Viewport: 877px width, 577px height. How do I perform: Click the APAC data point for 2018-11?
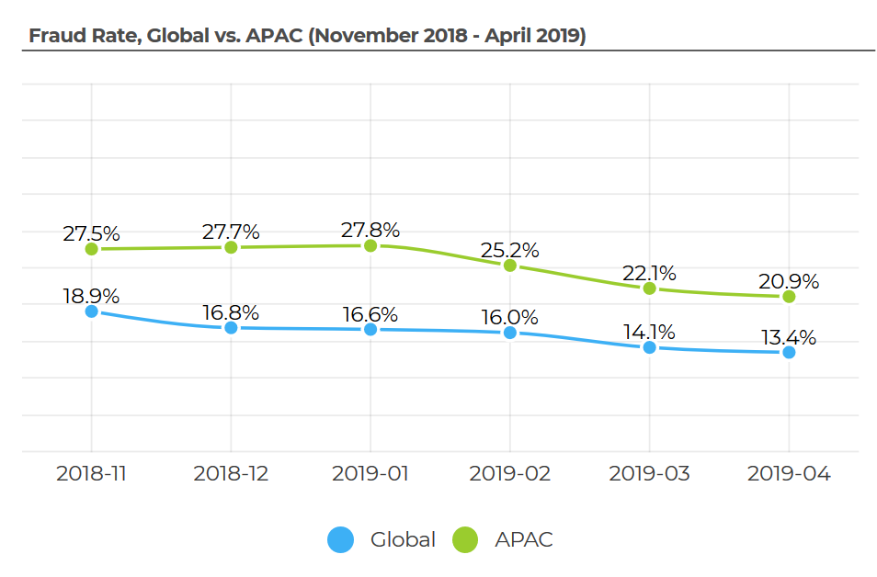coord(91,249)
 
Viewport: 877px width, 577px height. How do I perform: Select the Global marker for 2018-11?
coord(91,311)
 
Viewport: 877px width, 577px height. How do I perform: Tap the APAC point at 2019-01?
coord(370,246)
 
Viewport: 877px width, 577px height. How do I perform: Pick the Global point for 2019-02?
coord(510,333)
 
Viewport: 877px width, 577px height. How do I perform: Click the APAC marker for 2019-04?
coord(789,297)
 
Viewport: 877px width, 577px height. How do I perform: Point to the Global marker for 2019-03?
coord(650,347)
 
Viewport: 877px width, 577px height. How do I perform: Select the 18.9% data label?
coord(91,296)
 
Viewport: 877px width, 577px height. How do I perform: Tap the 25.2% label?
coord(510,250)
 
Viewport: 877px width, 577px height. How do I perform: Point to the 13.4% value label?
coord(789,337)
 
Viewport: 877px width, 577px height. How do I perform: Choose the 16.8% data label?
coord(231,312)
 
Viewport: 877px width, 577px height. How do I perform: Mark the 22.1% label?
coord(650,273)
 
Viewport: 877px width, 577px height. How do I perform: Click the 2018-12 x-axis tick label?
coord(231,474)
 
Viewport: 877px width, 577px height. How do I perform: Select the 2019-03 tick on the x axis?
coord(650,474)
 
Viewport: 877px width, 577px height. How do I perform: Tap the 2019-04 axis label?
coord(789,474)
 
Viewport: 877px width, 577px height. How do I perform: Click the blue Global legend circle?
coord(340,540)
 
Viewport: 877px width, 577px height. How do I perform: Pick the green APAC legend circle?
coord(466,540)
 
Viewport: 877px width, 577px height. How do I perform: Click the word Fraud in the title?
coord(52,36)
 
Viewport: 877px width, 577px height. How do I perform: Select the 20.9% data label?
coord(789,281)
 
